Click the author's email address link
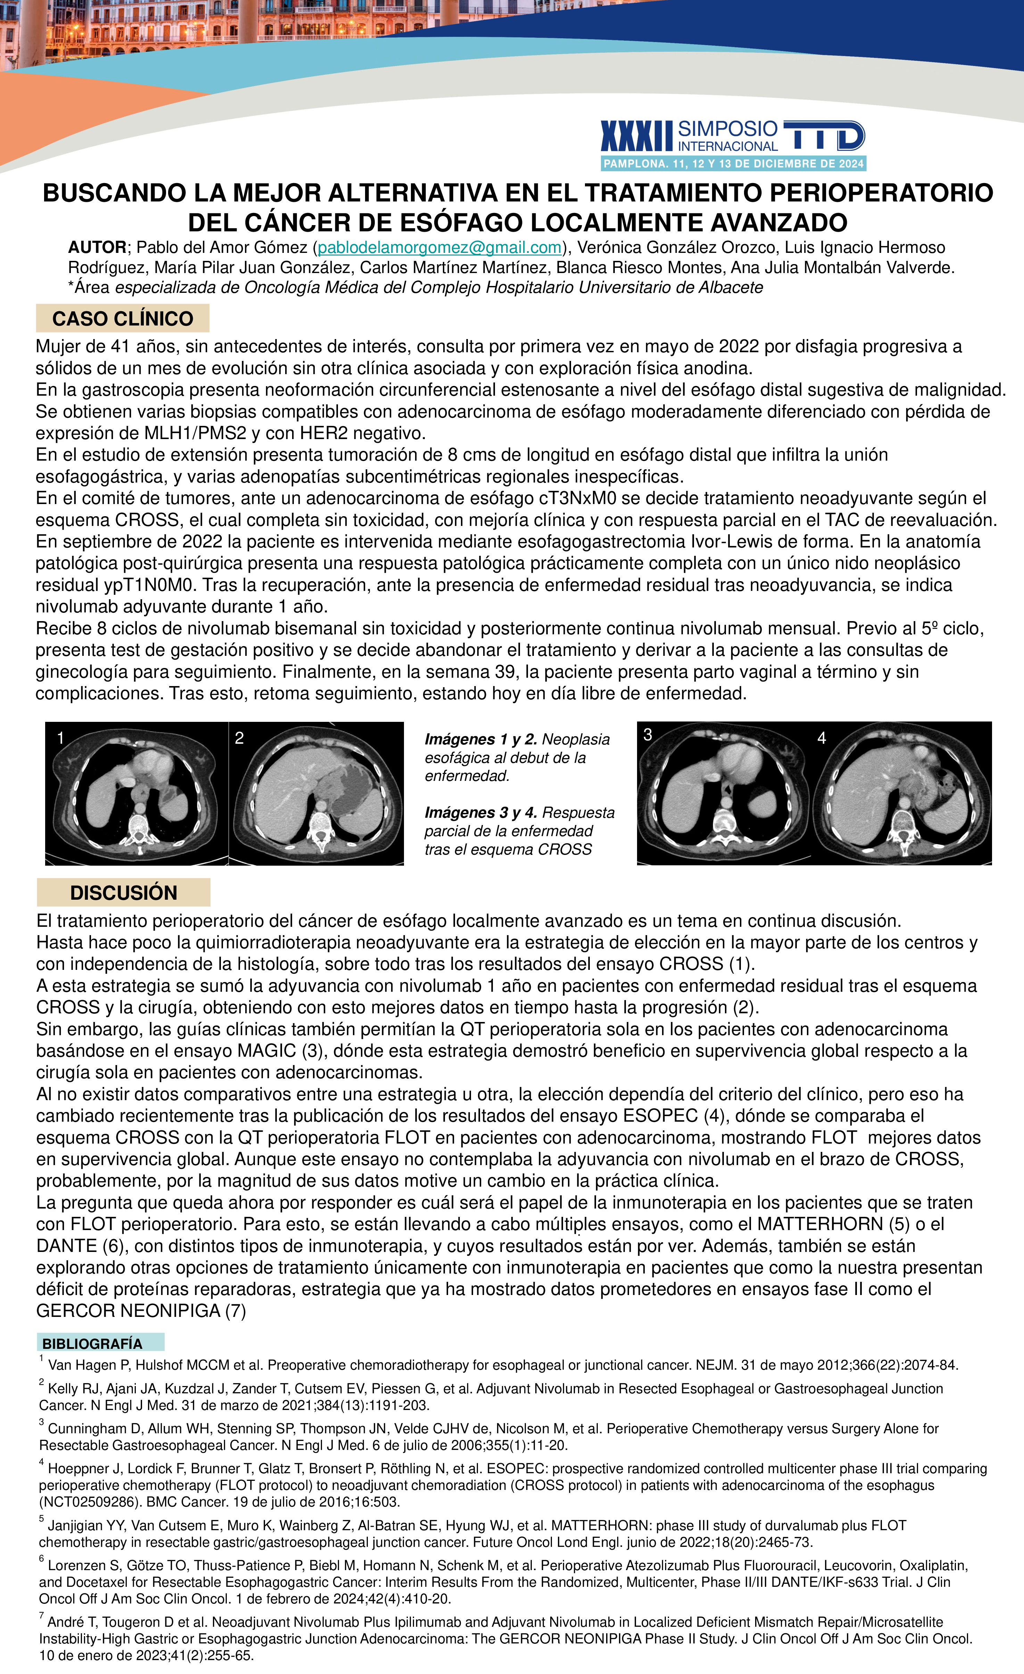440,248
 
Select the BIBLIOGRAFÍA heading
92,1343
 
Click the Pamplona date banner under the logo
733,164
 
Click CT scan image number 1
137,793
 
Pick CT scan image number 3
724,793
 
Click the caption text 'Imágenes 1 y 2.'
480,739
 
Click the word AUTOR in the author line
97,248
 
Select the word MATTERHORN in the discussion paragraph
819,1224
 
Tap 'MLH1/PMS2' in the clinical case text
192,434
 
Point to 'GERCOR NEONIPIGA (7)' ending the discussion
141,1311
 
